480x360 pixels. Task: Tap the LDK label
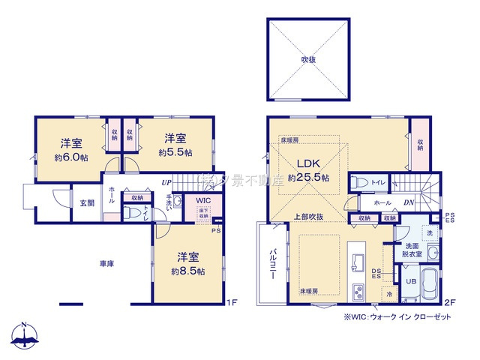(307, 164)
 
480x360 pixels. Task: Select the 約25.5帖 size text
(308, 178)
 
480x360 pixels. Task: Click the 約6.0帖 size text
(72, 158)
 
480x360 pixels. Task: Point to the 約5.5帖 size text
(175, 152)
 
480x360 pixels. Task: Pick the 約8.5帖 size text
(188, 271)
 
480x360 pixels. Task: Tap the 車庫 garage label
(106, 264)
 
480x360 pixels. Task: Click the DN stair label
(409, 202)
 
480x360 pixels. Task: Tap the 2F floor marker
(449, 302)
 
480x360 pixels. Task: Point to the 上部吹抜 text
(307, 217)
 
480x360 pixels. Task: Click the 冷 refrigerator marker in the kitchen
(389, 295)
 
